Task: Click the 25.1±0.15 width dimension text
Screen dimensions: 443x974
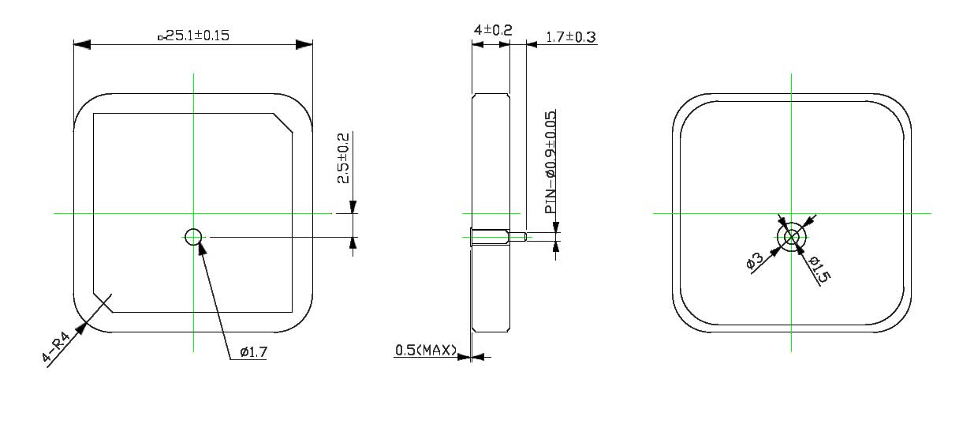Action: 194,36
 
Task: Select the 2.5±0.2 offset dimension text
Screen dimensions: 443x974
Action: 344,158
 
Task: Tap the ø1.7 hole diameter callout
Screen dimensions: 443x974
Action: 252,352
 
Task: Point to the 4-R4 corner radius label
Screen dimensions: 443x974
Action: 56,348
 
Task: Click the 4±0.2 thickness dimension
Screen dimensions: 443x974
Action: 492,30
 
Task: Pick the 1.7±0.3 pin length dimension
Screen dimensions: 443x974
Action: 570,37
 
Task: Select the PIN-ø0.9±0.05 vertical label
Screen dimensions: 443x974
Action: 550,162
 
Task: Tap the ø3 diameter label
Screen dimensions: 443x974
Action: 754,261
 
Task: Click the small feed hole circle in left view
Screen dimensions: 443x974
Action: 193,236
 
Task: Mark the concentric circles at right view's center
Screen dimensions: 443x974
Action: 792,236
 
